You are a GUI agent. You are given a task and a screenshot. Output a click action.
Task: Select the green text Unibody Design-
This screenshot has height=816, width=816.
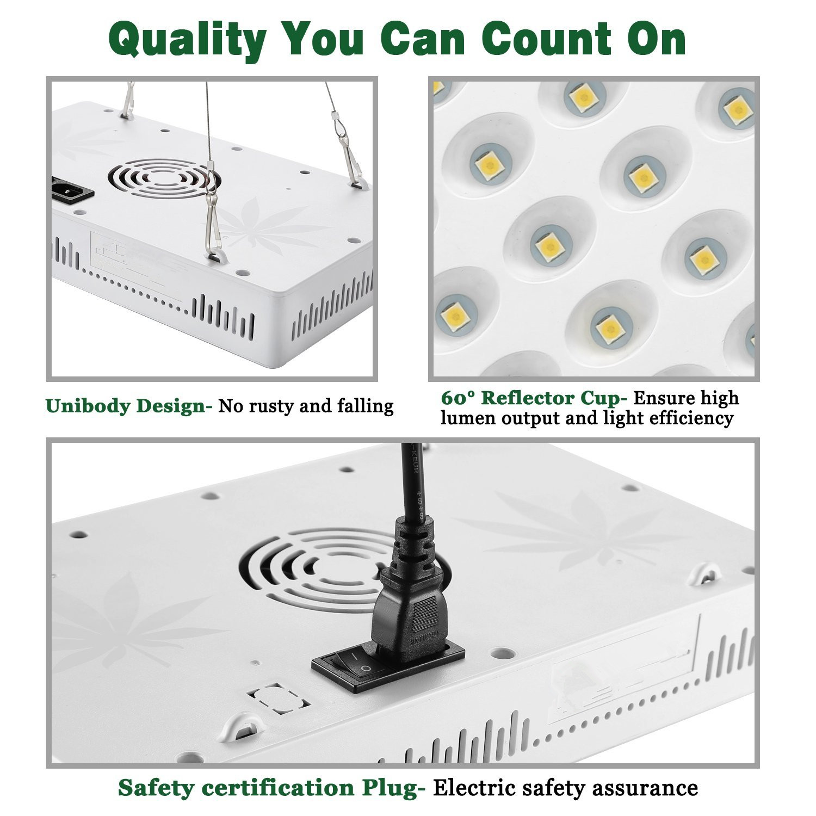(129, 406)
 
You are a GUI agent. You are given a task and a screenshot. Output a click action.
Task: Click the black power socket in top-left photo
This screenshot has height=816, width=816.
(72, 189)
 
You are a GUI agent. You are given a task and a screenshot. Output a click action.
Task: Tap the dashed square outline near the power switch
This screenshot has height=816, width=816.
(277, 698)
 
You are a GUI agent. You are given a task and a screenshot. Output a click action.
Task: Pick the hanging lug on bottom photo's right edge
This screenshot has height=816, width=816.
(706, 573)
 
